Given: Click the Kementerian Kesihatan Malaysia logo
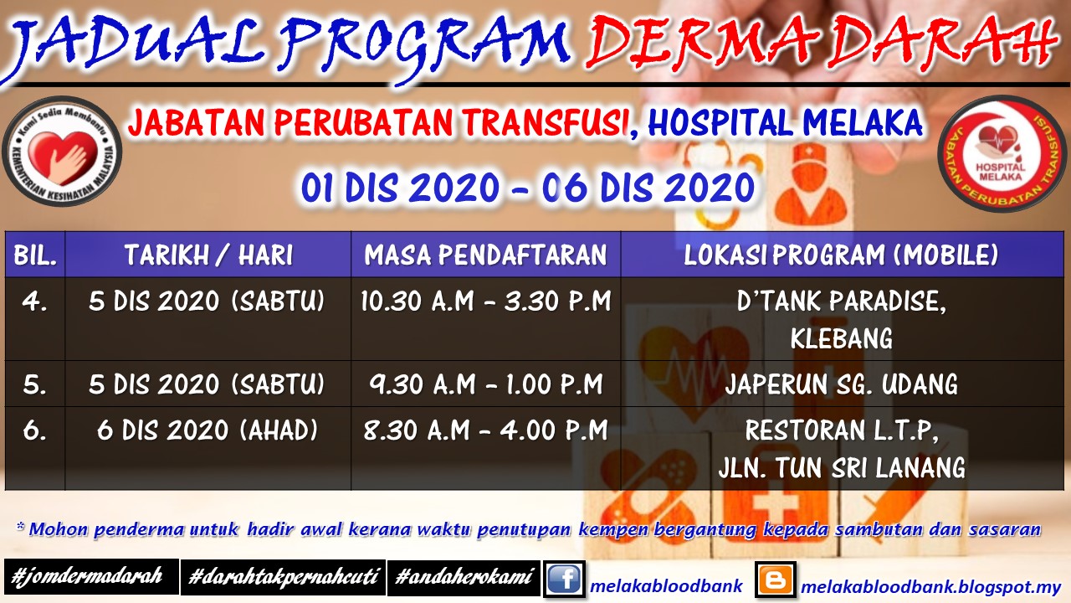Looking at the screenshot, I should (63, 152).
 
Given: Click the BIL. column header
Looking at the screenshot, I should (35, 255).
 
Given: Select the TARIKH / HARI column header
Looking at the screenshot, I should (208, 255).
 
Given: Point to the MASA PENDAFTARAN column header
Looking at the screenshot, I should (485, 255).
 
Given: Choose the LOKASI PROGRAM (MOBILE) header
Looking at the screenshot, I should (841, 255).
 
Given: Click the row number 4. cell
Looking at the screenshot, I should (35, 301).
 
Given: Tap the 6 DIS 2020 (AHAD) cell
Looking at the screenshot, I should (208, 430).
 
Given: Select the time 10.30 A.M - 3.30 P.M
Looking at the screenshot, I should (485, 301).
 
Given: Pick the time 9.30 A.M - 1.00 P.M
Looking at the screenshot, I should (485, 384).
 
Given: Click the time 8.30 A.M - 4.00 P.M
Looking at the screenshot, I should (485, 430).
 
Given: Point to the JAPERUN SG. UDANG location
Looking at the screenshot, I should (841, 384).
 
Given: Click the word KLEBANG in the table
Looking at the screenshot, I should (841, 338).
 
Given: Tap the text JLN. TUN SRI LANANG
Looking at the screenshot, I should (841, 467).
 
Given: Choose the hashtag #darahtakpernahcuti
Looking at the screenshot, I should (283, 577).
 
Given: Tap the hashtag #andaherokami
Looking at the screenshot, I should (464, 577).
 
